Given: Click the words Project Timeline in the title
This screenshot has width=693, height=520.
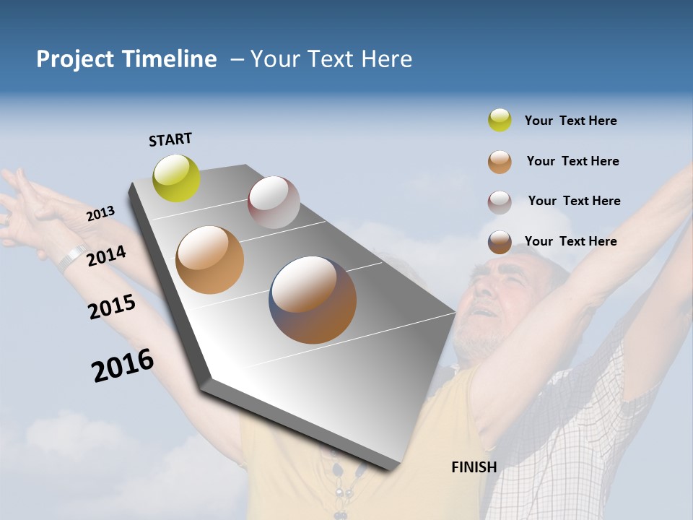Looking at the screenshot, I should tap(126, 59).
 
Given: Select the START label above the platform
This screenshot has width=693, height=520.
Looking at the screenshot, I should tap(170, 139).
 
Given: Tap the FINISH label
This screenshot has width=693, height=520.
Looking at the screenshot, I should tap(474, 467).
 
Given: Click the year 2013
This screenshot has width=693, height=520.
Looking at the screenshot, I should tap(100, 214).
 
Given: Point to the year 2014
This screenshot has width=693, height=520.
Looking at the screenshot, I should tap(106, 256).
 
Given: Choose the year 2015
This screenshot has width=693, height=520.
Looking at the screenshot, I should tap(112, 307).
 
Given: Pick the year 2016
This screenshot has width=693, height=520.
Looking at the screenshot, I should tap(123, 365).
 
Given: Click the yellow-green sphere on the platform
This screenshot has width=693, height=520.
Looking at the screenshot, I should tap(177, 178).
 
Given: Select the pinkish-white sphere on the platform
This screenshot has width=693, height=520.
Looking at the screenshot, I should tap(274, 201).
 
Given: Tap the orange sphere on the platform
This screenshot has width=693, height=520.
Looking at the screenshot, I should tap(210, 260).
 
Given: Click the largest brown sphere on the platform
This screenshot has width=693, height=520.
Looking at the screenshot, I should tap(313, 300).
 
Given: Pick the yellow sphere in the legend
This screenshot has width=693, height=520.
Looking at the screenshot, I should tap(500, 120).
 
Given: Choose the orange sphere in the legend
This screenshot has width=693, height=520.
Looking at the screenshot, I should tap(500, 162).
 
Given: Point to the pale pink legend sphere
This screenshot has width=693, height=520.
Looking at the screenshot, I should tap(500, 202).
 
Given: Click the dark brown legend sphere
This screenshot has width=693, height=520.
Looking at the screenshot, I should tap(500, 242).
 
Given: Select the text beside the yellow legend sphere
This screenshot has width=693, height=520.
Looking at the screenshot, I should tap(570, 121).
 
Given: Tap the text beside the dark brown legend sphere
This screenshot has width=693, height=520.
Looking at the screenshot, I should tap(570, 241).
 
